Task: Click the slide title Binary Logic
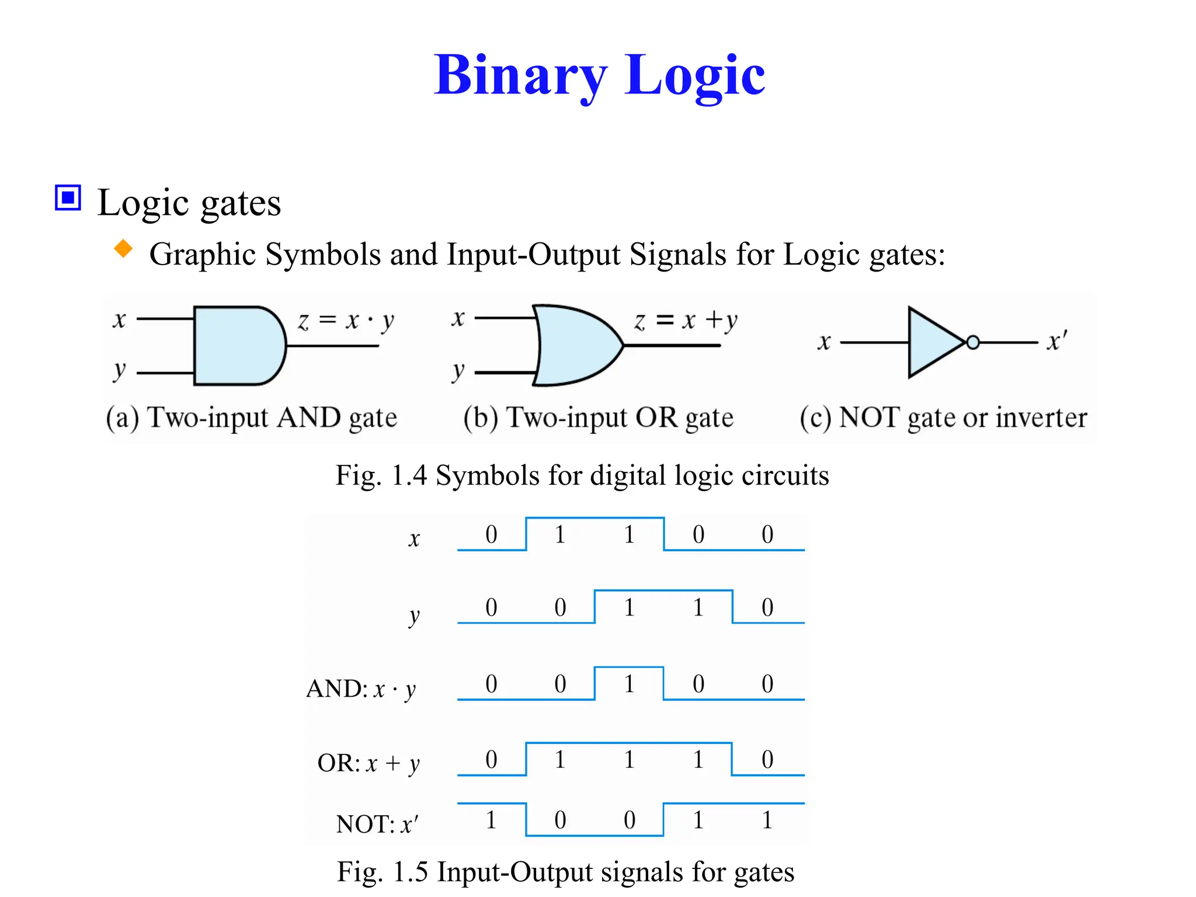(x=599, y=76)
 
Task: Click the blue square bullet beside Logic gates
(x=68, y=197)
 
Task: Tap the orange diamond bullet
(x=123, y=249)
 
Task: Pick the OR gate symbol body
(x=575, y=346)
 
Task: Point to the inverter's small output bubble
(x=973, y=343)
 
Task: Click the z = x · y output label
(x=346, y=321)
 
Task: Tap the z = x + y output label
(x=686, y=321)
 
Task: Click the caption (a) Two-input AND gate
(x=251, y=418)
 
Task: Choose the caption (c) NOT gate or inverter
(x=943, y=418)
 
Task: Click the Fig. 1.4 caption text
(x=582, y=475)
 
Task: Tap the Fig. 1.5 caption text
(x=565, y=872)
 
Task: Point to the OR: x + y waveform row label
(x=368, y=763)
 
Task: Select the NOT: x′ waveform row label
(x=377, y=824)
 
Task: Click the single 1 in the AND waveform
(x=629, y=684)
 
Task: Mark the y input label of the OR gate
(x=458, y=371)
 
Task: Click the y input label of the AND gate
(x=119, y=371)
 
